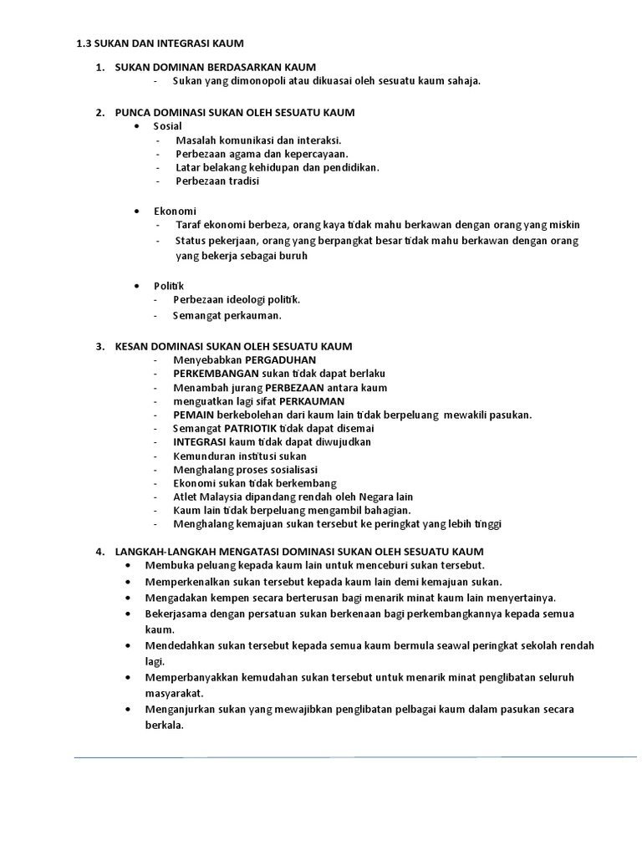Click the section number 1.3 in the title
[84, 43]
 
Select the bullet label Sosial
[167, 125]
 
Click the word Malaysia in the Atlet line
[227, 496]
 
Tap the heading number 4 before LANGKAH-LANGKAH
[99, 552]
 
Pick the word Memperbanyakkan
[193, 676]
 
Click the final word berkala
[164, 725]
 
